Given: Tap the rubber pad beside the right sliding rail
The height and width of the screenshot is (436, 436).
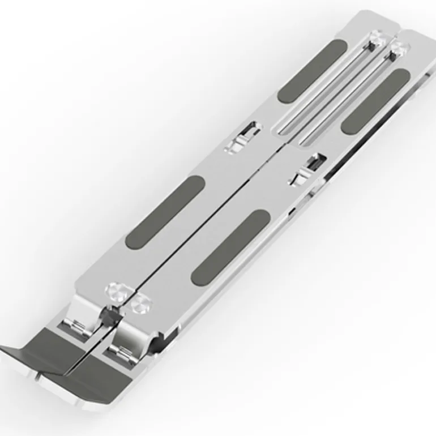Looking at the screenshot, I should point(375,101).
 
